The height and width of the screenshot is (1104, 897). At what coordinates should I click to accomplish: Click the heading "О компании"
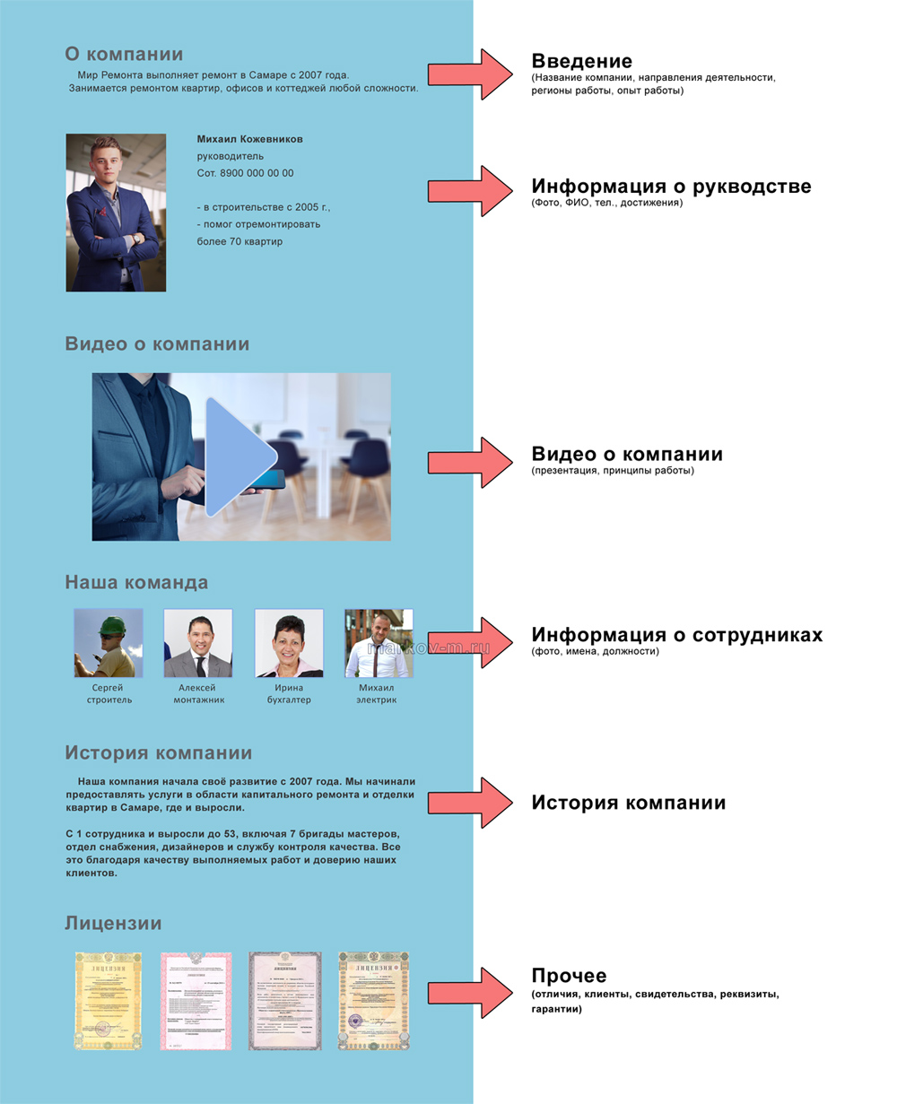124,54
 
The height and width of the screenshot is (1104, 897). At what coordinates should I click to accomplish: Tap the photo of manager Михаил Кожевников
116,213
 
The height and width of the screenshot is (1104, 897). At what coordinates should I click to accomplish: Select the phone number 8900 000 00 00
245,173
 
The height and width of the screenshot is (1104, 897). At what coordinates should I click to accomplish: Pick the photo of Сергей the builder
109,643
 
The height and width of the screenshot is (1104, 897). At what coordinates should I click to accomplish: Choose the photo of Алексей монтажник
198,643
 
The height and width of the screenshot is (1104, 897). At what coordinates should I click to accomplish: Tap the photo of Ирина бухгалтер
289,643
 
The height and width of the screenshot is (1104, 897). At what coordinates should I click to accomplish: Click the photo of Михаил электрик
379,643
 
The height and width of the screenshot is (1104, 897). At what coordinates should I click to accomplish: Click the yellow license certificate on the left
109,1001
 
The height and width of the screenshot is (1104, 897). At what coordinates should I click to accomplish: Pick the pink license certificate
196,1001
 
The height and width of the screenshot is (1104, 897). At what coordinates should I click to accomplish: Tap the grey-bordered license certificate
284,1001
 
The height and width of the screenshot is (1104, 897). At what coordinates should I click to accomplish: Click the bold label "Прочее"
569,976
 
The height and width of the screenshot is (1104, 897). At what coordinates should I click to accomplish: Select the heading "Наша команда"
136,582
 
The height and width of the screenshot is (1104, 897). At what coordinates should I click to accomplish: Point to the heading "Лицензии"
113,924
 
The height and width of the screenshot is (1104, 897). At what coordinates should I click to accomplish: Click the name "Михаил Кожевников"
249,139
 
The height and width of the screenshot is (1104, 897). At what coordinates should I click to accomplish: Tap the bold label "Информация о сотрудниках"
676,635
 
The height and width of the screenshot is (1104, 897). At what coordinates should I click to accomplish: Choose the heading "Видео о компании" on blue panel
157,344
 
